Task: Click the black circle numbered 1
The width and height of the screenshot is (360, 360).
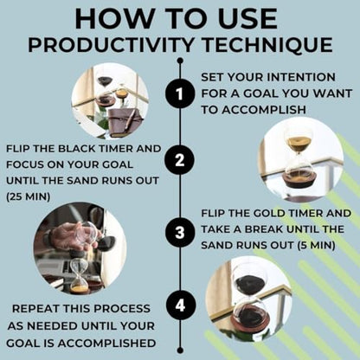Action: point(180,93)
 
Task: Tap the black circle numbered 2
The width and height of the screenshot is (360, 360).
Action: point(180,160)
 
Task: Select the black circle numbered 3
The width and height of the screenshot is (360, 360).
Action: point(180,233)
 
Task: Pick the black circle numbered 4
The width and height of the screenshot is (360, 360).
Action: point(180,305)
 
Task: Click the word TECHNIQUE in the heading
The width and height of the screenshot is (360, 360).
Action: point(267,45)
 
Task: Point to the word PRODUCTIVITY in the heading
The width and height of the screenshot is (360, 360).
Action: point(111,45)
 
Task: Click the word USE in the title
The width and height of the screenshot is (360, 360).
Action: point(247,18)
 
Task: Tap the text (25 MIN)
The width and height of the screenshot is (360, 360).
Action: point(29,196)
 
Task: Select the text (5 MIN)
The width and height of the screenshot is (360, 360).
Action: point(317,246)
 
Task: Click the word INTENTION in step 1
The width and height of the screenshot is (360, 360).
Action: point(301,77)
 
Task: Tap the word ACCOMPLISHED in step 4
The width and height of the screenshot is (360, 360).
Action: point(106,344)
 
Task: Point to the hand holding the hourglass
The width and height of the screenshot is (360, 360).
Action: point(72,235)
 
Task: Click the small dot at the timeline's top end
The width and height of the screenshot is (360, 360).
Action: point(180,61)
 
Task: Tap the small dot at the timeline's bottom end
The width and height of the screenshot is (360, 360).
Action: point(180,350)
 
